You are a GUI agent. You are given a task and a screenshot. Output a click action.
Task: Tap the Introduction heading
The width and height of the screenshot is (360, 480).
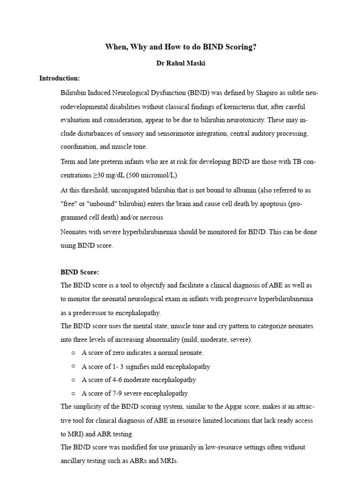60,78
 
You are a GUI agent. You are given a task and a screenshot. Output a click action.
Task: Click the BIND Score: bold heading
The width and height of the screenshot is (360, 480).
80,272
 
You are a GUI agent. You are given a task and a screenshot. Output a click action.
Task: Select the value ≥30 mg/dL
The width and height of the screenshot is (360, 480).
106,175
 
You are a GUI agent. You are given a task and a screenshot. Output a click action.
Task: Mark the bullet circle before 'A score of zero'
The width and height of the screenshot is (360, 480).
74,352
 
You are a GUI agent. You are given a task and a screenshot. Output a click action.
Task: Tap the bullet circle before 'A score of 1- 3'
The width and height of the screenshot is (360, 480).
74,366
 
